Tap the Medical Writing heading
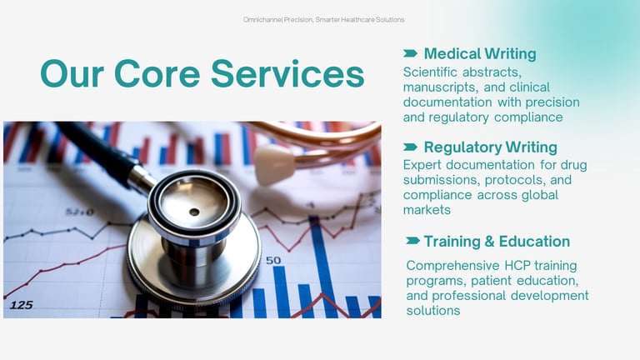[480, 54]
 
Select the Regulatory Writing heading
[490, 147]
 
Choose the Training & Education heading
[497, 241]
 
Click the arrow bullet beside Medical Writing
[410, 53]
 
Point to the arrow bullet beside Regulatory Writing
[410, 147]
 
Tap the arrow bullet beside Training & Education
[412, 241]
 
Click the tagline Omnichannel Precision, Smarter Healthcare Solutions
[323, 20]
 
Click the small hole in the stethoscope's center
[194, 212]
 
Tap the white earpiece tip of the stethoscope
[274, 163]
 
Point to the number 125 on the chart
[21, 305]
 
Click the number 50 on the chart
[273, 260]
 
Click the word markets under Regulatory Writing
[427, 210]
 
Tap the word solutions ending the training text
[433, 311]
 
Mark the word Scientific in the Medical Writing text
[430, 72]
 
